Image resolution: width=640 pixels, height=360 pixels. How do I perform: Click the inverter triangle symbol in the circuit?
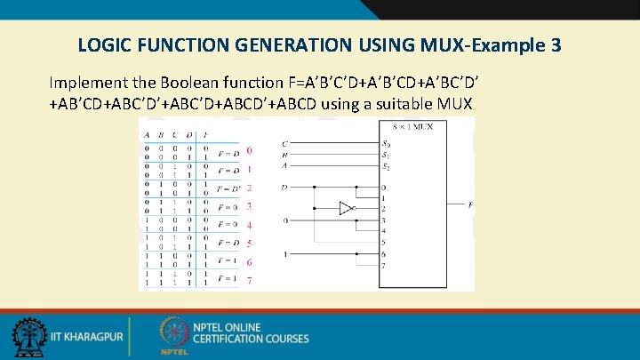[347, 209]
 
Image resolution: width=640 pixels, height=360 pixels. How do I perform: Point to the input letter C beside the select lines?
[284, 143]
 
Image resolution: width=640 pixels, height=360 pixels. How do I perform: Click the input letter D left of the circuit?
[284, 188]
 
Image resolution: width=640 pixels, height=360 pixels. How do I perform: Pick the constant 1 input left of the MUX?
[284, 254]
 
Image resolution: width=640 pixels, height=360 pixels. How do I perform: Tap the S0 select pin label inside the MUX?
[385, 143]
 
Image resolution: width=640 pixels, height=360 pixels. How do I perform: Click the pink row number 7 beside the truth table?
[249, 281]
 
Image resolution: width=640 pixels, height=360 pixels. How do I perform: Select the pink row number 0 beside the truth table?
[249, 150]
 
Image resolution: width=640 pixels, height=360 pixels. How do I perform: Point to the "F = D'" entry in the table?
[228, 188]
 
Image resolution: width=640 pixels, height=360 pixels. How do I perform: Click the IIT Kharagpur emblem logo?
[29, 338]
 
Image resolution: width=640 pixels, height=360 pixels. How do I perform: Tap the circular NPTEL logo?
[174, 333]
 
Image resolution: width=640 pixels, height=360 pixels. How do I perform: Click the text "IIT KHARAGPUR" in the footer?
[84, 339]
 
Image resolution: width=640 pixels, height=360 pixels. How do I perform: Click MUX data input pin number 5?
[384, 243]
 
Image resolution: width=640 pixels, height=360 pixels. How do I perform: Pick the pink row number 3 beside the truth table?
[249, 206]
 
